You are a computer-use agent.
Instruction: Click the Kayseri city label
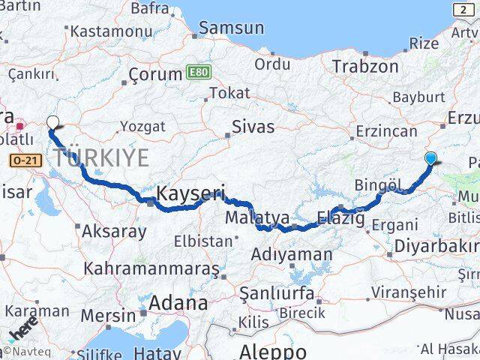click(191, 194)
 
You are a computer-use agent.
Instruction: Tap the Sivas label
click(253, 126)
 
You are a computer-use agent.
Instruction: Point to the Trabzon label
click(365, 66)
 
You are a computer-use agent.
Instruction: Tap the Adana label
click(178, 304)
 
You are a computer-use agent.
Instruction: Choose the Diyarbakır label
click(435, 247)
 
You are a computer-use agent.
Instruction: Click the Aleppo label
click(272, 351)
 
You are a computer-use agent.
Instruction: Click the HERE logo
click(22, 330)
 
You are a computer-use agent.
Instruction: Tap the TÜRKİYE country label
click(100, 158)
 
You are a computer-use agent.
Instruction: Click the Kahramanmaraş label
click(151, 268)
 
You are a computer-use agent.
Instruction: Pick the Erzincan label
click(386, 130)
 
